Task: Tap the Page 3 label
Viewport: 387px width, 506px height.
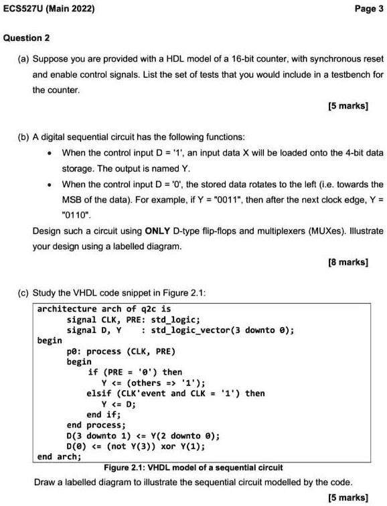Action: (x=365, y=9)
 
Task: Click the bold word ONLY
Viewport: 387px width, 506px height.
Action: (x=159, y=231)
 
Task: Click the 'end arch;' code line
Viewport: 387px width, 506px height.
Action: (x=59, y=456)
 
